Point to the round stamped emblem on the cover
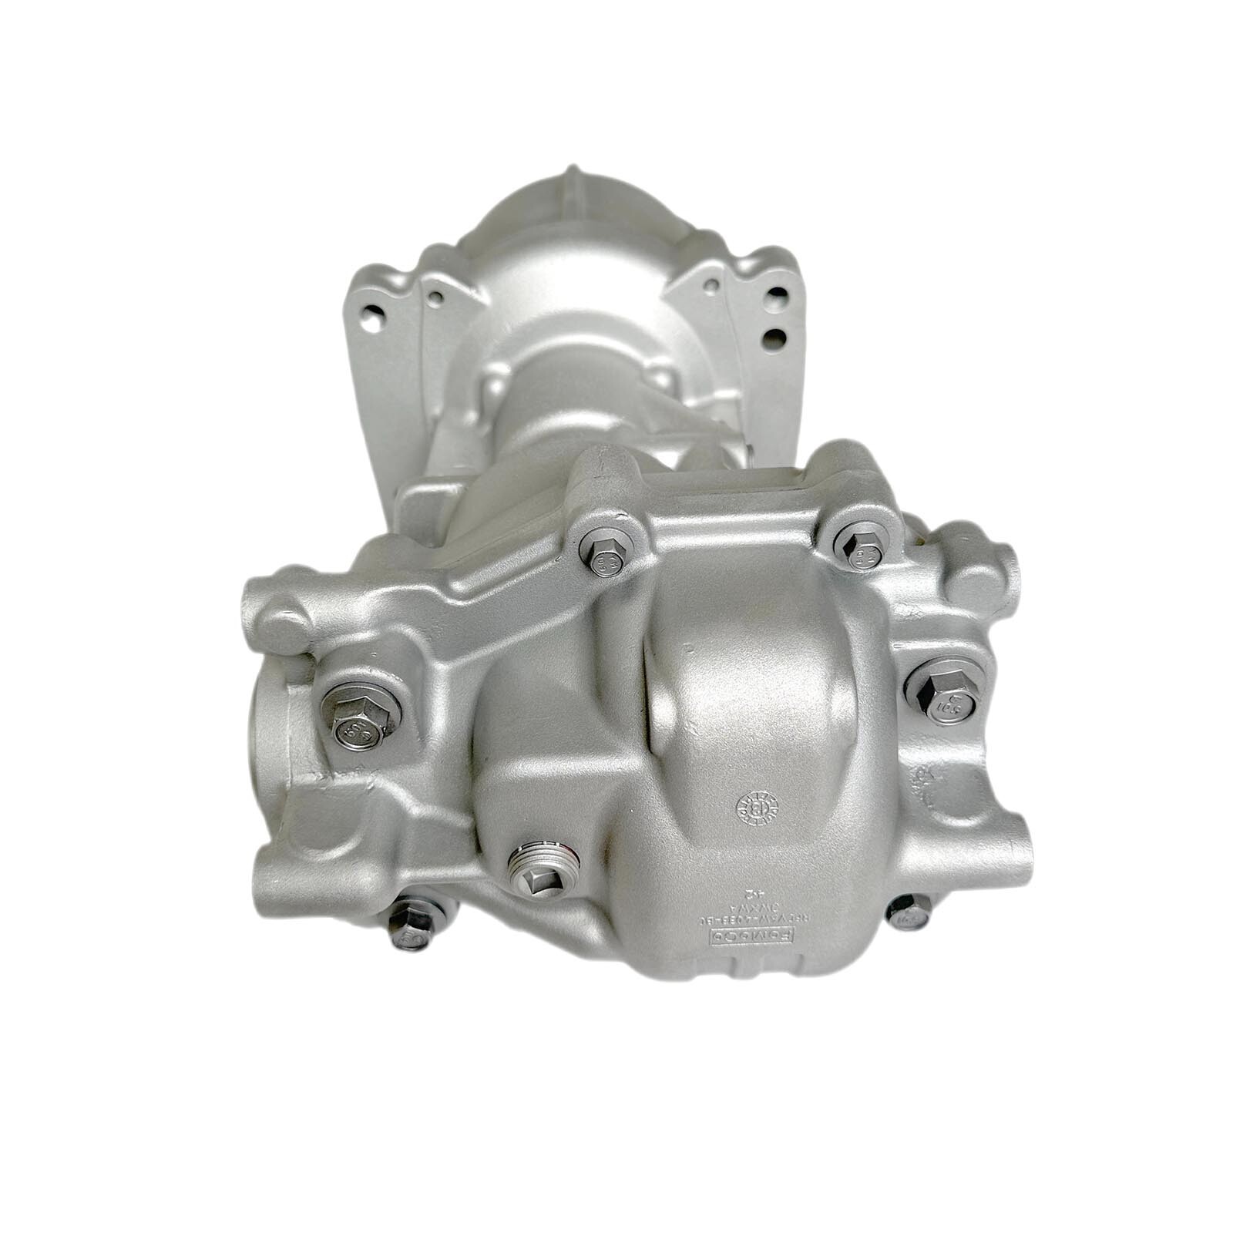pos(757,808)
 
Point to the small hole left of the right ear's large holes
pos(709,285)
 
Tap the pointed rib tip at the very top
pos(571,171)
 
